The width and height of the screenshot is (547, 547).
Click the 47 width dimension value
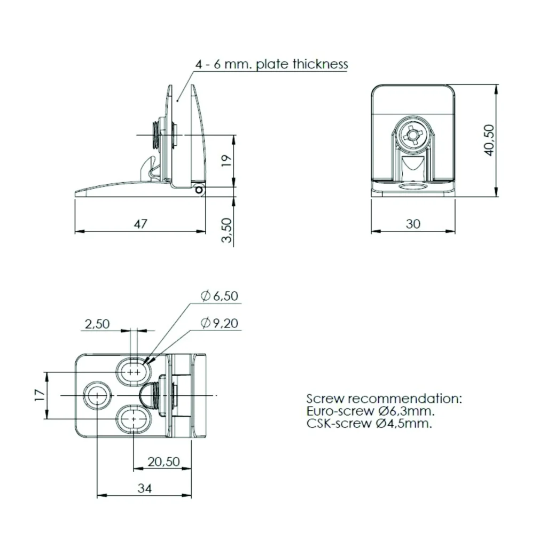point(140,224)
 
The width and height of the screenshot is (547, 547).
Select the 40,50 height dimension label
point(489,140)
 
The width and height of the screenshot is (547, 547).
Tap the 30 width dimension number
point(413,224)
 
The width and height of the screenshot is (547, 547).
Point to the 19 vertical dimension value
point(226,160)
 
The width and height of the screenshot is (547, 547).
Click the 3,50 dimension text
point(226,230)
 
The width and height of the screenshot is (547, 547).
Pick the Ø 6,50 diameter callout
point(220,296)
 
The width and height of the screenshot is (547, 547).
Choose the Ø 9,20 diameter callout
point(220,323)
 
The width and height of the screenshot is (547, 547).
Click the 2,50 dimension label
point(97,324)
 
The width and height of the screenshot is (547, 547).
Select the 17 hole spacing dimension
point(40,395)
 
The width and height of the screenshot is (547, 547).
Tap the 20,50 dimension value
point(163,462)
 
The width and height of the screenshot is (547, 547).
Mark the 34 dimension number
point(144,488)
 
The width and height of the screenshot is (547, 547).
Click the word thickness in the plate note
point(321,64)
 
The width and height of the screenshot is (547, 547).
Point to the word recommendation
point(405,398)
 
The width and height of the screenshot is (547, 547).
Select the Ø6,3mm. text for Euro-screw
point(407,411)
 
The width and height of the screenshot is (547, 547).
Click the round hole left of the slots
point(97,396)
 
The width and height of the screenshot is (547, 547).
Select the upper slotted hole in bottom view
point(134,372)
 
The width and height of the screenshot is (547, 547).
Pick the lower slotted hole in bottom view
point(134,419)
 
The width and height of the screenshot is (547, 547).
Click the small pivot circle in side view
point(199,190)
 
